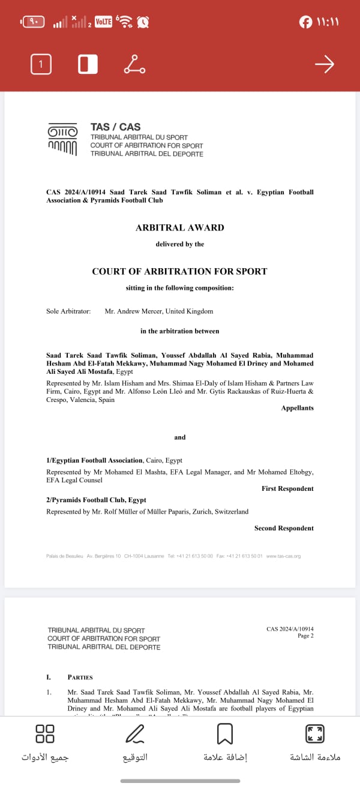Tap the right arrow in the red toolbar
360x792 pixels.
[324, 64]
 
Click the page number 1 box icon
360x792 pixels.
[41, 64]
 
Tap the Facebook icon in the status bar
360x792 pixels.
[305, 22]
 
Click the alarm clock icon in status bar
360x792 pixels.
[143, 22]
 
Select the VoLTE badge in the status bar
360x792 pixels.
[103, 22]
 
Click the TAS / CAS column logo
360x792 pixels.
[62, 139]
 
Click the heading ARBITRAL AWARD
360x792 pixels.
[180, 228]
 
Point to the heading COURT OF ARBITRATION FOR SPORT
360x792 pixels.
[179, 272]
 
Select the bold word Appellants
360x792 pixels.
[297, 408]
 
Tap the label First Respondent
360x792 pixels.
[287, 488]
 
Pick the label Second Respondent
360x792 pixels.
[284, 528]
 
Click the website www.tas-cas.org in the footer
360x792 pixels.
[283, 556]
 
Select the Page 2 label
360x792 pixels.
[305, 636]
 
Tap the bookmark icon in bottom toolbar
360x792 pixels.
[225, 734]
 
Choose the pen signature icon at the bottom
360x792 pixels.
[135, 734]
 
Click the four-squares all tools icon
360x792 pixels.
[45, 734]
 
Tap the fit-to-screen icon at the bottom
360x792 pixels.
[315, 734]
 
